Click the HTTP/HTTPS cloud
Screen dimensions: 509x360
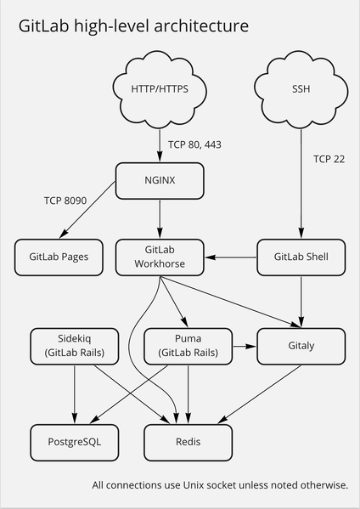pos(160,88)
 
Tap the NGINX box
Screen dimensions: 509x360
pos(160,179)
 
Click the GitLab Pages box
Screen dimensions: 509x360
pos(59,256)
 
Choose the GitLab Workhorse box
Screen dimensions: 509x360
pos(160,256)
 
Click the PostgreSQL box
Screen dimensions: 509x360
pos(75,442)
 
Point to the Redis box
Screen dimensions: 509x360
pos(187,442)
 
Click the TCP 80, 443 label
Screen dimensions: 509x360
pos(194,144)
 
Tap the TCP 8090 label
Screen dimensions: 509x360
pos(65,201)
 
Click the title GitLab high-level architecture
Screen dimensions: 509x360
pos(134,27)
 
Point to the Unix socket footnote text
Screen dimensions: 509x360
pos(220,485)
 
